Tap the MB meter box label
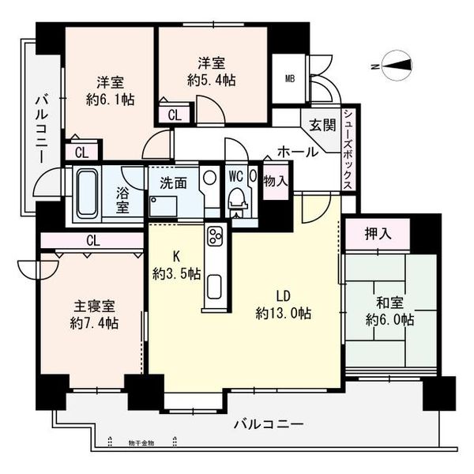[x=289, y=78]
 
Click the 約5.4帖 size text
[x=215, y=80]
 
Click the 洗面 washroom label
[x=173, y=182]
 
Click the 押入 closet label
[x=377, y=234]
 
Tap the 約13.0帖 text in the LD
[x=283, y=313]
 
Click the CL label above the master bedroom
[x=92, y=240]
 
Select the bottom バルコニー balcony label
[x=269, y=425]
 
